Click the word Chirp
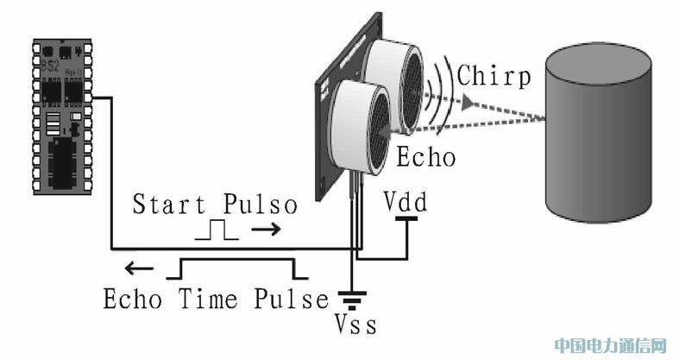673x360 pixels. (494, 75)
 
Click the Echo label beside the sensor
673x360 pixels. (425, 158)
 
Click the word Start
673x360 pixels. (169, 205)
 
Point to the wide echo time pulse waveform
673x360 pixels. (237, 267)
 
